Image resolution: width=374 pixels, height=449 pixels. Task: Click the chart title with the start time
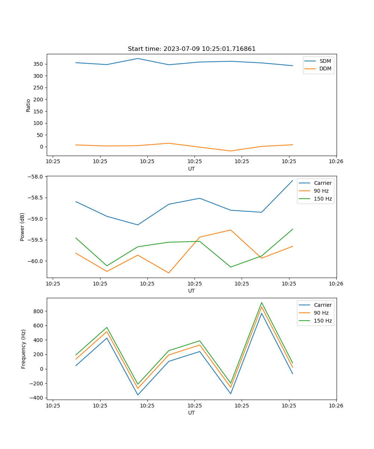click(x=191, y=49)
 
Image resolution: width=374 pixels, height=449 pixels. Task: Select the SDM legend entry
click(x=325, y=61)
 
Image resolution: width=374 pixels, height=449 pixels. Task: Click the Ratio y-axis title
click(x=28, y=105)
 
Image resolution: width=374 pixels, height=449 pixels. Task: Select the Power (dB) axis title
click(x=22, y=227)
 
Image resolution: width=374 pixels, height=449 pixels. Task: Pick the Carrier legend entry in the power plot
click(x=322, y=183)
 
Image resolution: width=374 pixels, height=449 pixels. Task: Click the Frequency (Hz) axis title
click(x=24, y=349)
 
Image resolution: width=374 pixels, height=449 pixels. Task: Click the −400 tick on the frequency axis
click(x=38, y=398)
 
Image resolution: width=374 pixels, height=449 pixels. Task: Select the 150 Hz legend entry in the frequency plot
click(x=323, y=321)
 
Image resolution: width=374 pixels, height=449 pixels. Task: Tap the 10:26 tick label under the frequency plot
click(x=336, y=405)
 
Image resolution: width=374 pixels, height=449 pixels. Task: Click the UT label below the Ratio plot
click(x=191, y=169)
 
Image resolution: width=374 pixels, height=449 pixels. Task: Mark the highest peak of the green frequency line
click(x=261, y=303)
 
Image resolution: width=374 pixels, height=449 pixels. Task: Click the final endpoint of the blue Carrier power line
click(x=292, y=180)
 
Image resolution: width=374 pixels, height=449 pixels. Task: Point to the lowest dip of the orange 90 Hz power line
click(x=169, y=273)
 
